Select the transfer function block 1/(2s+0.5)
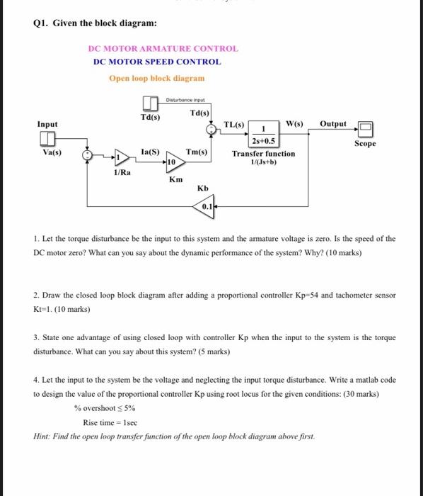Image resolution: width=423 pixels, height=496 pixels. pyautogui.click(x=262, y=135)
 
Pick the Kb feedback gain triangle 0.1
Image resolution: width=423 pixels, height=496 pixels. pyautogui.click(x=204, y=206)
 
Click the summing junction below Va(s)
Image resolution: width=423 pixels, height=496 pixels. pyautogui.click(x=87, y=155)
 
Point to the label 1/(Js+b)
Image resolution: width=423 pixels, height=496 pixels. pyautogui.click(x=263, y=162)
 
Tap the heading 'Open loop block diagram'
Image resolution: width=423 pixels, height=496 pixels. pyautogui.click(x=156, y=78)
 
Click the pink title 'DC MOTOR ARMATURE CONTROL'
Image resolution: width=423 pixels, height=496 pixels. pyautogui.click(x=163, y=49)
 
